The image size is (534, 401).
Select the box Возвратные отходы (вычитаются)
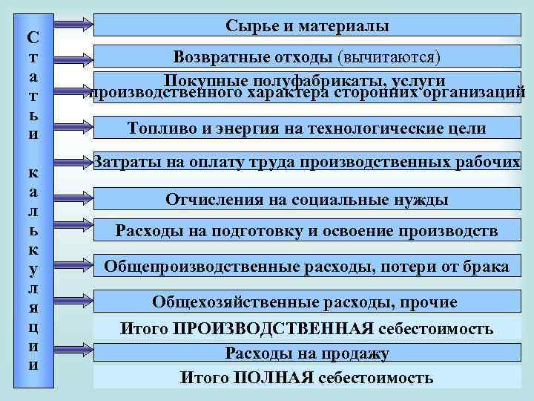click(306, 56)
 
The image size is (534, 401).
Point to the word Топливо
click(156, 128)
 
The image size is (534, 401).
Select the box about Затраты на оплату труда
click(306, 163)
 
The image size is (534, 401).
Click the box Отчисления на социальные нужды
click(306, 199)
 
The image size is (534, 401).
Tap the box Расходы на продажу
click(306, 353)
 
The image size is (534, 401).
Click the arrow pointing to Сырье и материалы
click(73, 25)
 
